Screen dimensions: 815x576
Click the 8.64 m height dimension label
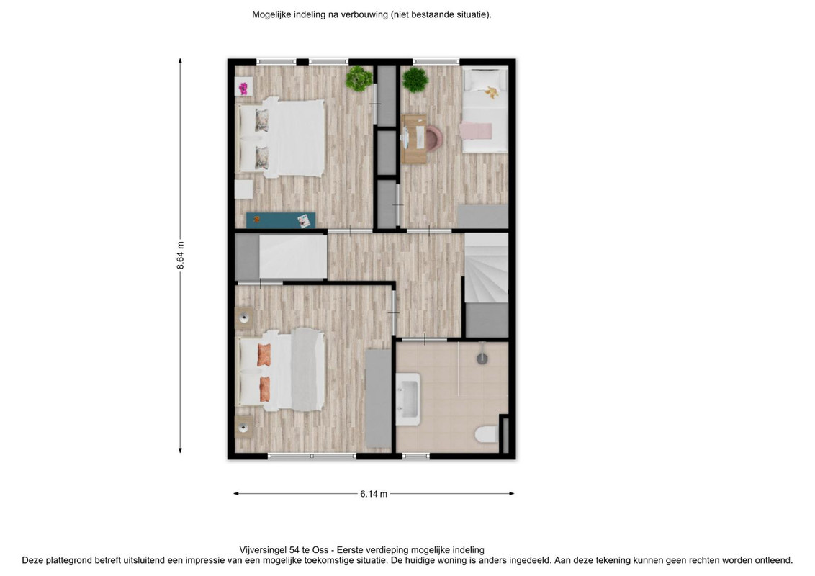[181, 256]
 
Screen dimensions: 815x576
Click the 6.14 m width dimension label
[374, 494]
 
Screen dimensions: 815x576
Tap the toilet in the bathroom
[487, 434]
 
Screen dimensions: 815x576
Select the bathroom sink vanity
[408, 400]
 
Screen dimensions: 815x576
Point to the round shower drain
[482, 358]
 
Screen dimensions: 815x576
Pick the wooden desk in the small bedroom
[414, 140]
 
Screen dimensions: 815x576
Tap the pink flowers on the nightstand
[243, 89]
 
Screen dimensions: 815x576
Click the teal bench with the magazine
[281, 220]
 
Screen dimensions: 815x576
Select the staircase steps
[486, 267]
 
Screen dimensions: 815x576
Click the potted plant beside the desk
[415, 80]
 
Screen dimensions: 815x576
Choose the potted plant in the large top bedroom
[359, 78]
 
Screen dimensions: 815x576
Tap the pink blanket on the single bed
[476, 130]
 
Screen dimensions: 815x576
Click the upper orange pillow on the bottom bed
[264, 355]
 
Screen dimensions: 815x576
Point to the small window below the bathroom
[416, 456]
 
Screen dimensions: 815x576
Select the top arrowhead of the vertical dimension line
[181, 60]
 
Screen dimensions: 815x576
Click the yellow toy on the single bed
[491, 93]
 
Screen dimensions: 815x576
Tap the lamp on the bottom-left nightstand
[243, 428]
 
